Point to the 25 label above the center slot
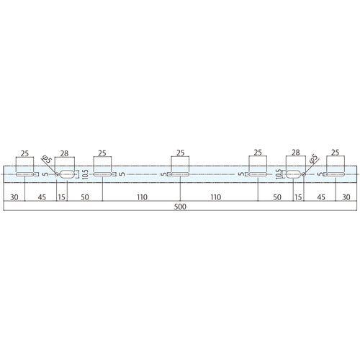(x=180, y=153)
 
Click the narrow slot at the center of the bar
(x=180, y=174)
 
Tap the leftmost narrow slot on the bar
(x=25, y=174)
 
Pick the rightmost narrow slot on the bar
(x=335, y=174)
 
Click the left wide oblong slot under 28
(x=67, y=174)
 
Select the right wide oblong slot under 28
(x=294, y=174)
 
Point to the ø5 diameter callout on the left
(x=45, y=160)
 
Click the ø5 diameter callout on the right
(x=313, y=160)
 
